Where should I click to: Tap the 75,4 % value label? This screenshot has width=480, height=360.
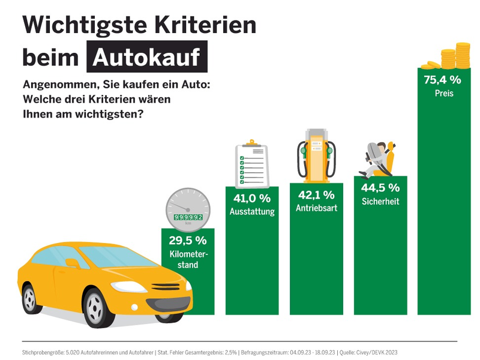(x=442, y=79)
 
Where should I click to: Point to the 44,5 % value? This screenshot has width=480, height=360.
(x=380, y=187)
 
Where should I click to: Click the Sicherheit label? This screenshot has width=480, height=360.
(x=380, y=202)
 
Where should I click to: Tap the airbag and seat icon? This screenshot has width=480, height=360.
(x=380, y=158)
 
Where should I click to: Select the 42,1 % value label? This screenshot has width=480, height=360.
(x=316, y=194)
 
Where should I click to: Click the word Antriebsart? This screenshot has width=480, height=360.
(x=316, y=209)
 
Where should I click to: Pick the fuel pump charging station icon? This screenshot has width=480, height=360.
(x=317, y=153)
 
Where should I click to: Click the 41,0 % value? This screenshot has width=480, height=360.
(x=252, y=197)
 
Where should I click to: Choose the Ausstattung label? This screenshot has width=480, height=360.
(x=252, y=212)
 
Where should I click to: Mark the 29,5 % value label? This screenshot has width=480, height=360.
(x=188, y=240)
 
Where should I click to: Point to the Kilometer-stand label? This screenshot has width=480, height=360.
(x=188, y=259)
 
